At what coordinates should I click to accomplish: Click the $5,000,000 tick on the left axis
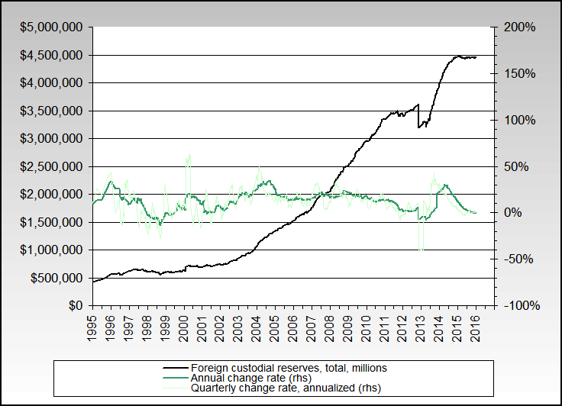(x=52, y=27)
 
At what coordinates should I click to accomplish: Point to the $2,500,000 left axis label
(x=52, y=166)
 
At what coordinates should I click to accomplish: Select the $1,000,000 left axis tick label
(x=52, y=250)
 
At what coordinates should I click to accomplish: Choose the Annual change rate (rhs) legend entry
(x=250, y=378)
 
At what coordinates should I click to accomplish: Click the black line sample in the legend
(x=173, y=368)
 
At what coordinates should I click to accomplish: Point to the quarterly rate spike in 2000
(x=188, y=156)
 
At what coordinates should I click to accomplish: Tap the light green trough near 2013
(x=421, y=249)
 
